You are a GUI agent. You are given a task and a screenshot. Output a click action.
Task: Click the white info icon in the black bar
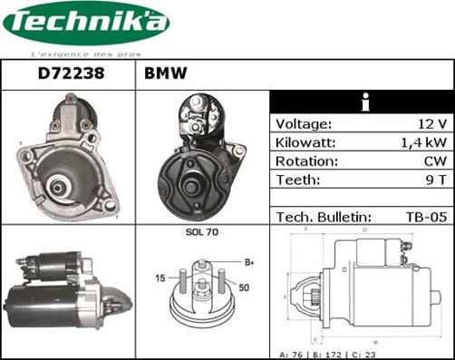tap(363, 102)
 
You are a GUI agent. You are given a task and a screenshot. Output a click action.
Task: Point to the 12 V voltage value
tap(431, 124)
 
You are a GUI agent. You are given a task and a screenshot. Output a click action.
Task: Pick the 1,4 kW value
tap(424, 143)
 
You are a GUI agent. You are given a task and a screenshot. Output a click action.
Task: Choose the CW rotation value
tap(434, 161)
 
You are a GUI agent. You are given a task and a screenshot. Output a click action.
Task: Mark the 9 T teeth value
tap(436, 180)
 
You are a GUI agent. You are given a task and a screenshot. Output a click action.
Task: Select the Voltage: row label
tap(304, 124)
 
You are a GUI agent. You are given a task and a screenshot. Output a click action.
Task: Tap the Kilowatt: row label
tap(305, 143)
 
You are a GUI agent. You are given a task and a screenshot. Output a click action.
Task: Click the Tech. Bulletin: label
tap(324, 217)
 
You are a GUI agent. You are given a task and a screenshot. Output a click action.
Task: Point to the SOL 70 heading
tap(202, 233)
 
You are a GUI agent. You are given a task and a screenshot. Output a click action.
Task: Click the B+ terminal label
tap(249, 263)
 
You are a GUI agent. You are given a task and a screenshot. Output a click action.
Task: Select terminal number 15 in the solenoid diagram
tap(160, 277)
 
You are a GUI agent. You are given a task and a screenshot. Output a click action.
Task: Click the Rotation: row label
tap(306, 161)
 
